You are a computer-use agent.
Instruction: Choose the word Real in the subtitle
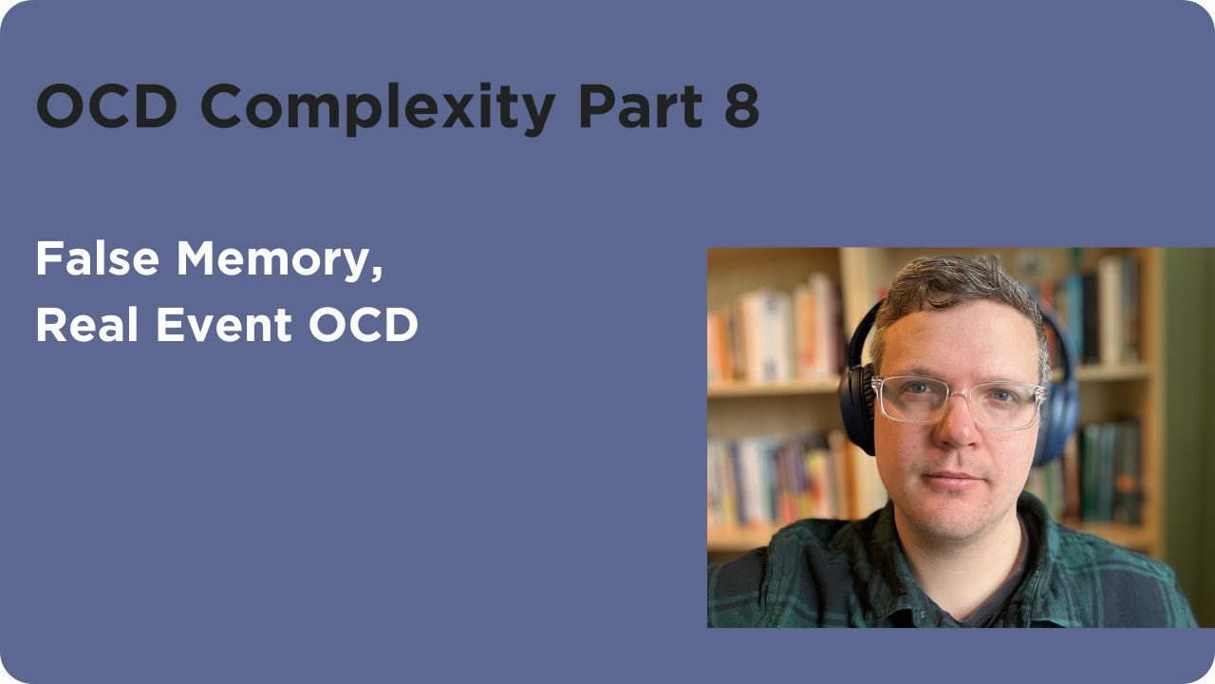tap(80, 326)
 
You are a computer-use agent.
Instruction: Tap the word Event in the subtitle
tap(222, 326)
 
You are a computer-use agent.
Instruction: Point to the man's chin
tap(957, 518)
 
